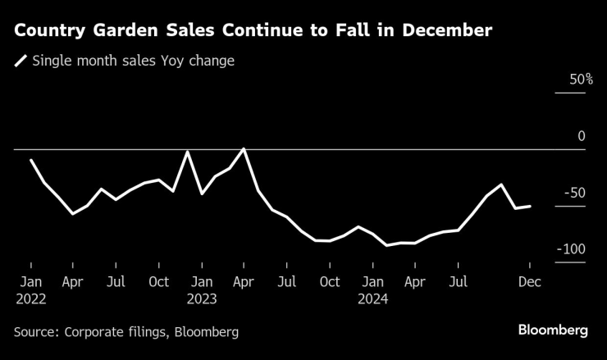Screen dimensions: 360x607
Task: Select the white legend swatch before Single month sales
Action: click(x=21, y=61)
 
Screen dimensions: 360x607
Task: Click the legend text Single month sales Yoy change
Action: click(x=133, y=61)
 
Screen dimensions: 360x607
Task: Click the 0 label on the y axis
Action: click(x=582, y=136)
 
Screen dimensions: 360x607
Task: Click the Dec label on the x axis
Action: click(x=530, y=282)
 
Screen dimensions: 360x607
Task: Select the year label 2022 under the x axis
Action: click(x=30, y=299)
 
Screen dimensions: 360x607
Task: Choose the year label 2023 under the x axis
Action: click(x=201, y=299)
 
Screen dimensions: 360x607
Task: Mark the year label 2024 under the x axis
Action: click(x=372, y=299)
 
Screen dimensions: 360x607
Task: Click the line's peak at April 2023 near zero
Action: click(x=244, y=149)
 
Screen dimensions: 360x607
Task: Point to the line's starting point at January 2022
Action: click(x=30, y=160)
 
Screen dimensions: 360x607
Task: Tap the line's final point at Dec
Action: click(x=530, y=207)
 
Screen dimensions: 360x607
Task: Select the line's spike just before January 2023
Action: click(x=188, y=152)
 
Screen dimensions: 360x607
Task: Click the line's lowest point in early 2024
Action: click(x=386, y=245)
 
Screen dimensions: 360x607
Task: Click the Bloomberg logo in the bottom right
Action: click(x=553, y=330)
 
